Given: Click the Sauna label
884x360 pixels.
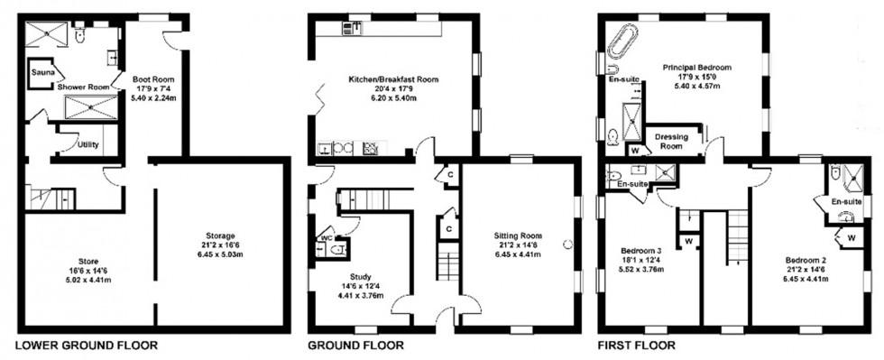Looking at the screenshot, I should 41,70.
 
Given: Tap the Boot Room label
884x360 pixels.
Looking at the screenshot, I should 152,78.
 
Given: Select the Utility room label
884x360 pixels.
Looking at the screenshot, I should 88,144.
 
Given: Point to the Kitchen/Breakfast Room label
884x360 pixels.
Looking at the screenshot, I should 393,79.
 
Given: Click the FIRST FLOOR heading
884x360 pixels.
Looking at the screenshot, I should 638,346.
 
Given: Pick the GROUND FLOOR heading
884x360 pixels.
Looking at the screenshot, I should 356,346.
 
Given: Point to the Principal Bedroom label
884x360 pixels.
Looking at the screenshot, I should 696,68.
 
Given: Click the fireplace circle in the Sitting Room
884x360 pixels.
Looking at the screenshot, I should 568,244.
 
